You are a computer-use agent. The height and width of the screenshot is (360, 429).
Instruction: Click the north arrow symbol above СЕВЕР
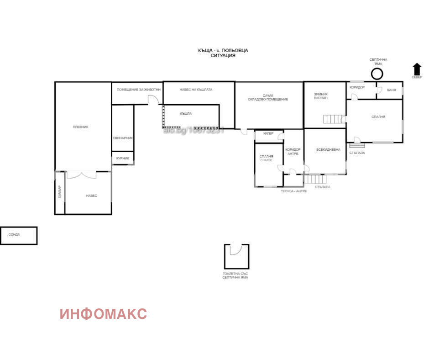417,69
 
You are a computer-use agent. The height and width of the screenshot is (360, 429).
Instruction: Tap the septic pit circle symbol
377,74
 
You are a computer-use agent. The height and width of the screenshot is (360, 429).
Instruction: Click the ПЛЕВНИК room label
80,127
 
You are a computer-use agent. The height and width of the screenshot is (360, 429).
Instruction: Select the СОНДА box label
14,235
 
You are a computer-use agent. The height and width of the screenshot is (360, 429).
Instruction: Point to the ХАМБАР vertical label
59,193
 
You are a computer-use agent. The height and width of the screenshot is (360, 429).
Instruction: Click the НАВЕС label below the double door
91,196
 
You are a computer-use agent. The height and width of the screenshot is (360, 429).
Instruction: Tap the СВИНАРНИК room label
123,138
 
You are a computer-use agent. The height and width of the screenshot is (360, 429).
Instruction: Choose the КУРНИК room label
122,159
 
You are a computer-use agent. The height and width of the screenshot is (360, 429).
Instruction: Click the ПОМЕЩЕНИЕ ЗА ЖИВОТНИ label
138,90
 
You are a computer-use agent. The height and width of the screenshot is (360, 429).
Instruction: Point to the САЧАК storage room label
268,97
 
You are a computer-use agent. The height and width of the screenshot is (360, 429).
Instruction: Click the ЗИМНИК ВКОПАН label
321,96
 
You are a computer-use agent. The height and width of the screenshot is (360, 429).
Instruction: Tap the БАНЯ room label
391,90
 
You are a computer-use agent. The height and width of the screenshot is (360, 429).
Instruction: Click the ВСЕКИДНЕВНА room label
328,149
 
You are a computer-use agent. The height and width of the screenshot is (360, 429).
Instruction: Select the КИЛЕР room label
268,134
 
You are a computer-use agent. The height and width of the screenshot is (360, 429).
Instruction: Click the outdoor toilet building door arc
235,250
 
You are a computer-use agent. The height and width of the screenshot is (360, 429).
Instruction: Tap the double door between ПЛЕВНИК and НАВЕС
82,175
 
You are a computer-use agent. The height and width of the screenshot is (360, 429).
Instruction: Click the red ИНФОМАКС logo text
103,314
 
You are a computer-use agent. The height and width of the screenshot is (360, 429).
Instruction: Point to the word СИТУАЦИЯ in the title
223,55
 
